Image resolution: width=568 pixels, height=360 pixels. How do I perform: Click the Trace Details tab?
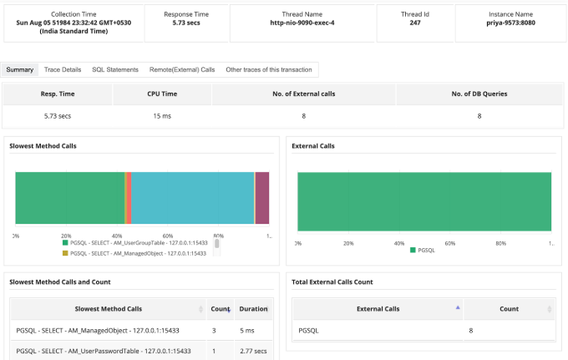63,69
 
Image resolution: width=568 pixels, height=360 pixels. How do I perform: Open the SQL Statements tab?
115,69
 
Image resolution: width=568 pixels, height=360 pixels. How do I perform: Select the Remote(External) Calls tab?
182,69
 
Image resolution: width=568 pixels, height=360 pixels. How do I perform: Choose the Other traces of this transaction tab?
270,69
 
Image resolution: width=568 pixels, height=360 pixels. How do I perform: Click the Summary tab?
19,69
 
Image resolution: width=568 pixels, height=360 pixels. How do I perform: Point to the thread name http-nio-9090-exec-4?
303,23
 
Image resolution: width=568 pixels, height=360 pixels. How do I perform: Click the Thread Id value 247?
415,23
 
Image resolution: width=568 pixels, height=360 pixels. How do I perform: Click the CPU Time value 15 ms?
162,116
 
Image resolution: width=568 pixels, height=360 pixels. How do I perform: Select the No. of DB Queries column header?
479,94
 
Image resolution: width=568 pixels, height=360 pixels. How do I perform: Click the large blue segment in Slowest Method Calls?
193,198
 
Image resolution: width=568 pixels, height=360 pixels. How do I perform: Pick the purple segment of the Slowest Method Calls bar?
262,198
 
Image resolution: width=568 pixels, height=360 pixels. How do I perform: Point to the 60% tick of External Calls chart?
449,243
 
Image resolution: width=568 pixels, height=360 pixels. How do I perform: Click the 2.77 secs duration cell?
251,350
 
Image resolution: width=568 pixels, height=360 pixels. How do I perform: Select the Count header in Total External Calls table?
509,308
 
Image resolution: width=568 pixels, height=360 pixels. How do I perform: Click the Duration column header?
253,308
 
